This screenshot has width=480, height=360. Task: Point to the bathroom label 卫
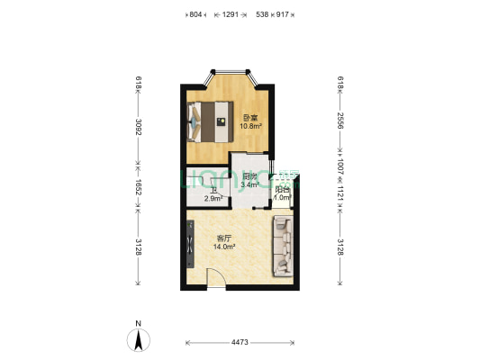pyautogui.click(x=213, y=189)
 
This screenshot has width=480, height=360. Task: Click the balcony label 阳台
pyautogui.click(x=282, y=190)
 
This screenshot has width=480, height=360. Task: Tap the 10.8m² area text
pyautogui.click(x=250, y=126)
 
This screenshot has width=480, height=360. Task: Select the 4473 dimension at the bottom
pyautogui.click(x=239, y=342)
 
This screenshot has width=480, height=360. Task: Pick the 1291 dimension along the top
pyautogui.click(x=230, y=14)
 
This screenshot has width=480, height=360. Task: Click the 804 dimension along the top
pyautogui.click(x=196, y=14)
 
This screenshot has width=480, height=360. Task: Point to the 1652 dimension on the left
pyautogui.click(x=138, y=191)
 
